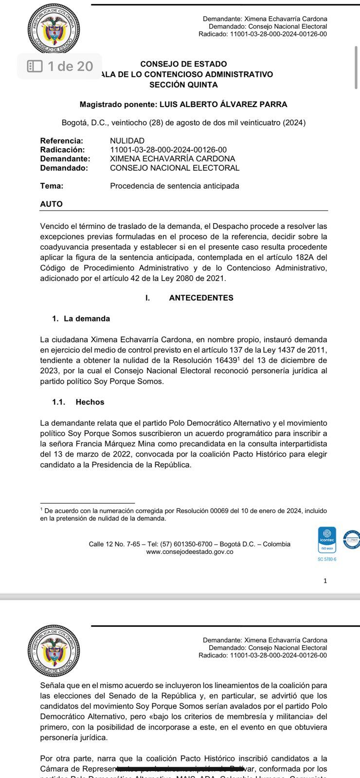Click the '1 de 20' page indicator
pyautogui.click(x=60, y=66)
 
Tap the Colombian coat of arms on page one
pyautogui.click(x=54, y=29)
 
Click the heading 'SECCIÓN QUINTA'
pyautogui.click(x=183, y=85)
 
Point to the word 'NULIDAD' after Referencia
pyautogui.click(x=127, y=141)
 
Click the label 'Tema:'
pyautogui.click(x=52, y=186)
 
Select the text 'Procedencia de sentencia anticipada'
pyautogui.click(x=174, y=186)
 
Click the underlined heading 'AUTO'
pyautogui.click(x=51, y=204)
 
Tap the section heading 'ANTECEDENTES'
pyautogui.click(x=201, y=298)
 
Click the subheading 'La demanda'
pyautogui.click(x=87, y=318)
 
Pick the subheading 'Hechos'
pyautogui.click(x=90, y=402)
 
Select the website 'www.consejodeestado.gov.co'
pyautogui.click(x=189, y=551)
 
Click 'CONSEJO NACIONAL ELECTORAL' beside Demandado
pyautogui.click(x=175, y=168)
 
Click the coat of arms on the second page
pyautogui.click(x=54, y=651)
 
